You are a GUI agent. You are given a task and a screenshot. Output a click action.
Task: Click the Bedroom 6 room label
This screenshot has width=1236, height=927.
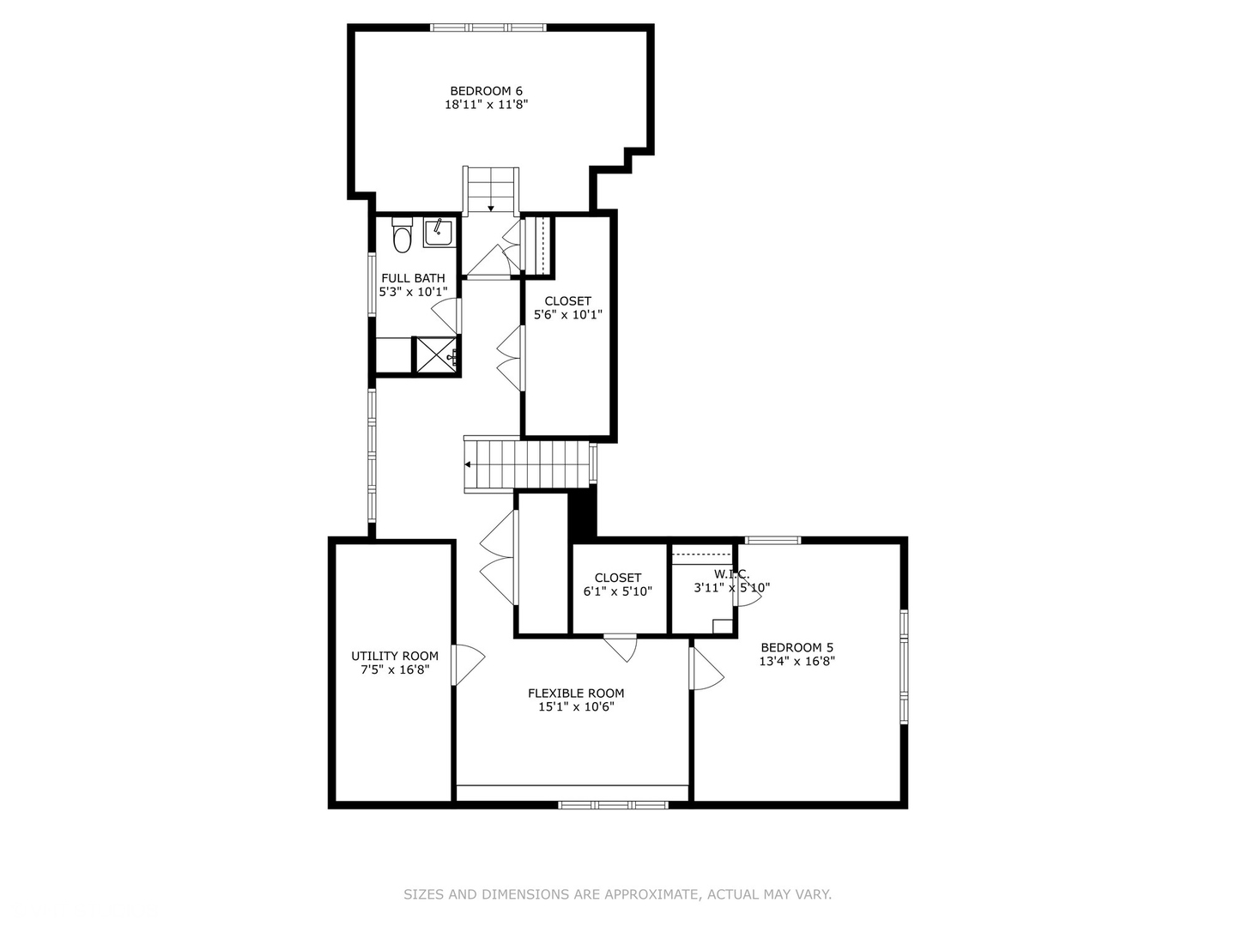coord(486,91)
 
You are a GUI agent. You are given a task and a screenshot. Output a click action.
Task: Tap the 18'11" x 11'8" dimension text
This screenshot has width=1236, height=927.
coord(486,104)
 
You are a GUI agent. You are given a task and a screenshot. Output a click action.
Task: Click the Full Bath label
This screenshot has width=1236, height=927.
coord(413,278)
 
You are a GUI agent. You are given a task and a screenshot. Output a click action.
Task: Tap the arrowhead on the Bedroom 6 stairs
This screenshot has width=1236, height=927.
coord(490,209)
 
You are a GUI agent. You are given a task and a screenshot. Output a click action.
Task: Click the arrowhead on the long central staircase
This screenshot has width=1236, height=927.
coord(468,465)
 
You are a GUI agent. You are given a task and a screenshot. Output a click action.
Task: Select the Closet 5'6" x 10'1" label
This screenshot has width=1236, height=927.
coord(567,308)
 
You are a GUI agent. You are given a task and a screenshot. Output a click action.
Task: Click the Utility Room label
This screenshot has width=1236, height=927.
coord(395,657)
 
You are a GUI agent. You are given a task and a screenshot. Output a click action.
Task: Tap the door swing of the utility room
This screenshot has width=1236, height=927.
coord(468,665)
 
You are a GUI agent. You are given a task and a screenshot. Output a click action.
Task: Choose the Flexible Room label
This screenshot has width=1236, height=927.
coord(575,694)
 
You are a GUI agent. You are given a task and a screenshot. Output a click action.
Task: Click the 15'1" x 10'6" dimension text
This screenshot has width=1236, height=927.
coord(575,707)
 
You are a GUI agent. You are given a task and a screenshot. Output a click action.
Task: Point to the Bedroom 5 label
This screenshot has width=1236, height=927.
coord(797,648)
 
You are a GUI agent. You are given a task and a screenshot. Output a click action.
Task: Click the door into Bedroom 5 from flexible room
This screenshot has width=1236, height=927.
coord(706,668)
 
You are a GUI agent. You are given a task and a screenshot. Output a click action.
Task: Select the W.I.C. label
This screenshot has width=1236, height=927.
coord(731,575)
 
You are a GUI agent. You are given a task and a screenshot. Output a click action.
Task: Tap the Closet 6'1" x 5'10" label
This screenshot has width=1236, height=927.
coord(618,585)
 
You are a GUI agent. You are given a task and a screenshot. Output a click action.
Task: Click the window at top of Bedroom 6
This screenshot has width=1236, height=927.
coord(488,27)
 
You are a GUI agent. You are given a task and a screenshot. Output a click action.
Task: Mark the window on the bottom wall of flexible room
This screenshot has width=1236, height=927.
coord(613,805)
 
